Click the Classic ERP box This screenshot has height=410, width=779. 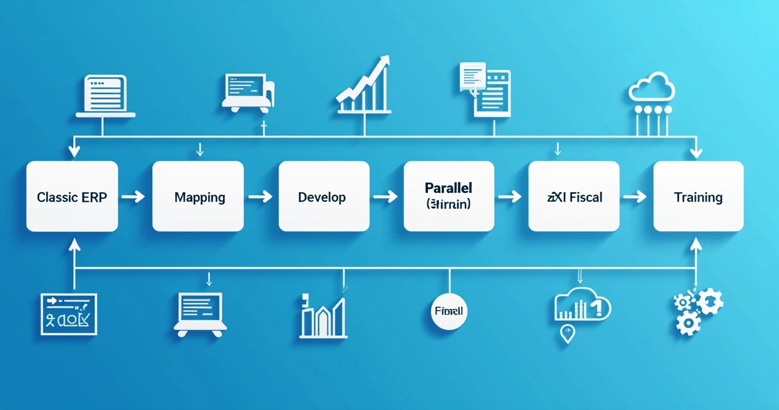[72, 197]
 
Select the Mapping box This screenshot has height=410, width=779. [198, 197]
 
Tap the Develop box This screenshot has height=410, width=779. [324, 197]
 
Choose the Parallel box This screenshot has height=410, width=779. [449, 197]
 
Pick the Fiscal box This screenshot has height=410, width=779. [574, 197]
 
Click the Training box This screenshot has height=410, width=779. [698, 197]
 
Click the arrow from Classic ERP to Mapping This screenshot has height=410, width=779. [133, 197]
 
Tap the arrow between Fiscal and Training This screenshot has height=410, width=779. [635, 197]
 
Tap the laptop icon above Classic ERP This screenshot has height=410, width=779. [106, 96]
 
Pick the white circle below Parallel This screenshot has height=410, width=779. [448, 311]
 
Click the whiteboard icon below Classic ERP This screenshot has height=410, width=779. [68, 314]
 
